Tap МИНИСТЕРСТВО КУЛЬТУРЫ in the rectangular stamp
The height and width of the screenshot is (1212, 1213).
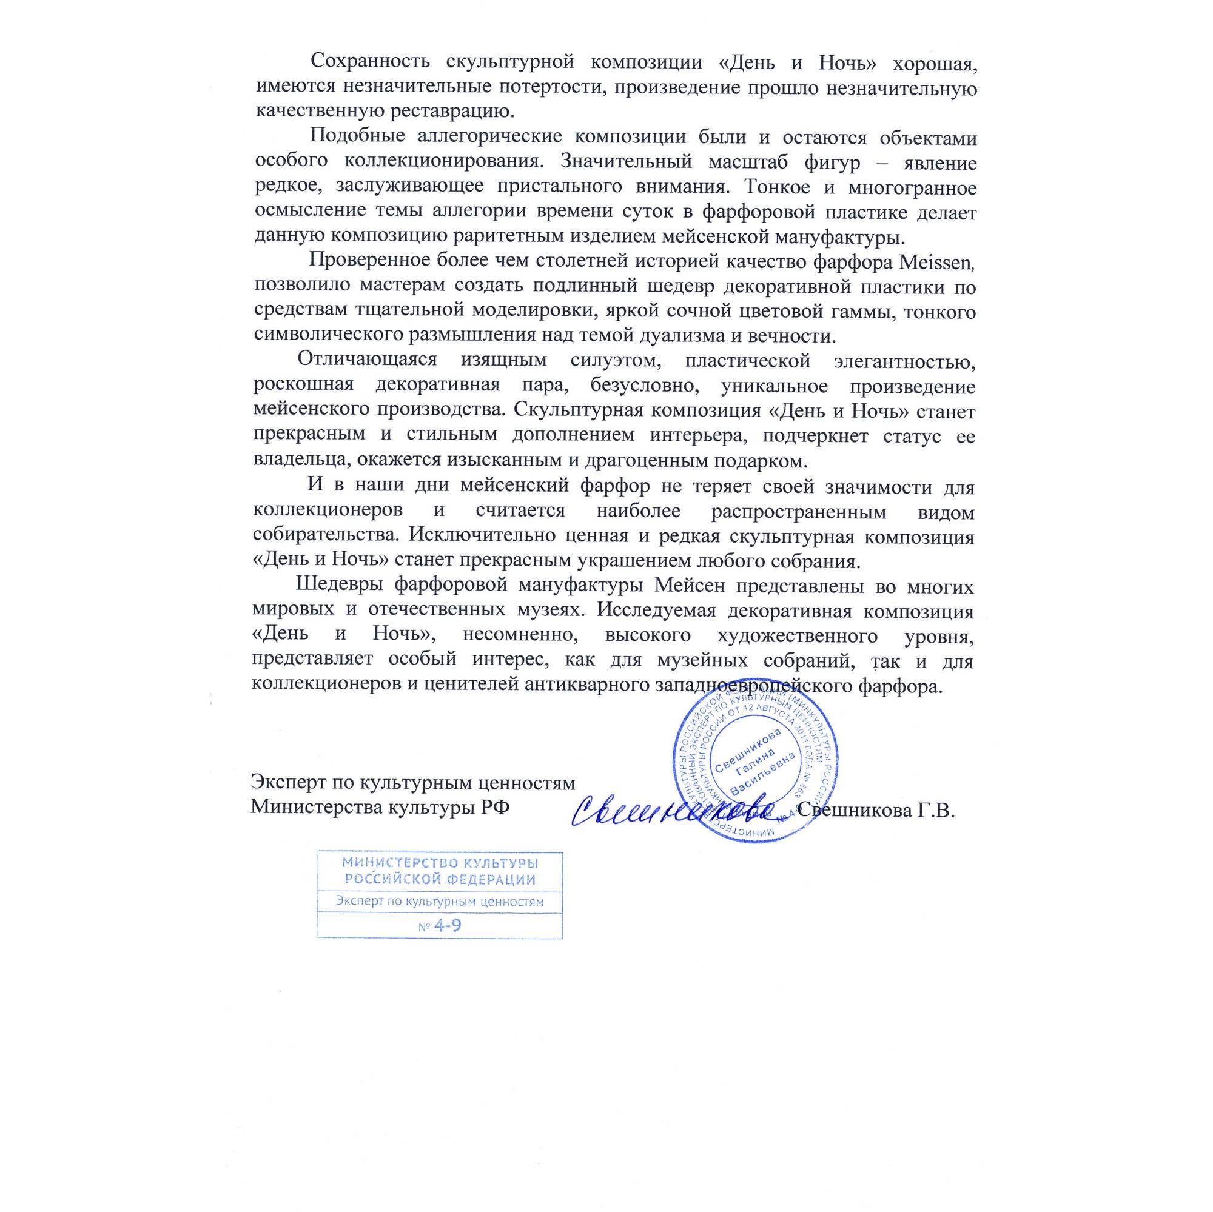click(440, 862)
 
